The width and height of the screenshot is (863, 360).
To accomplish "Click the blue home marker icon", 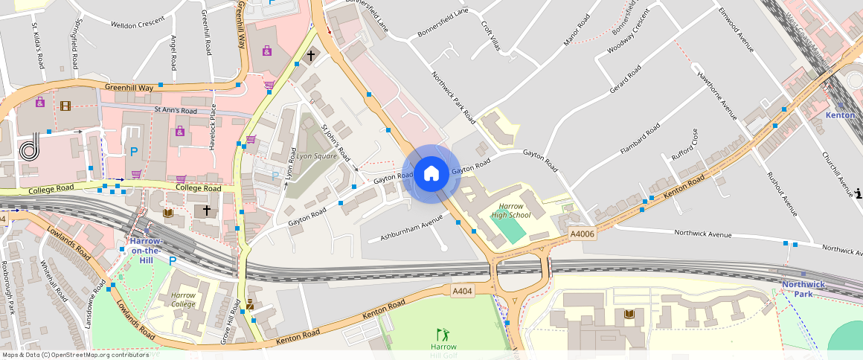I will coord(431,174).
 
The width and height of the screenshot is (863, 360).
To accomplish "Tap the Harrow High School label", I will coord(510,210).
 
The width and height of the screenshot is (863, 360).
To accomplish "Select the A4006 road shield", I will coord(583,234).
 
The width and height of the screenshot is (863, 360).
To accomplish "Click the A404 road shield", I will coord(462,291).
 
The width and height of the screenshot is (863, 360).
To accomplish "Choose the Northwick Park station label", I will coord(803,289).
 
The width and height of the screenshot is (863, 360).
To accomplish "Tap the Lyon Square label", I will coord(316,157).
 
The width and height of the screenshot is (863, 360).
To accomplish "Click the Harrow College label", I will coord(183,300).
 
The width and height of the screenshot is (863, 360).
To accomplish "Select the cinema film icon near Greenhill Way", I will coord(65,106).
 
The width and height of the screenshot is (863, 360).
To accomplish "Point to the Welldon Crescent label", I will coord(137,25).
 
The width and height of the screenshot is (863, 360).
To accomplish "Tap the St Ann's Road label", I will coord(176,111).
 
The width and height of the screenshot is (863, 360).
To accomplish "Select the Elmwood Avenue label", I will coord(737,30).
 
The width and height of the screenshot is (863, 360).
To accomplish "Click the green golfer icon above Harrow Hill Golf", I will coord(443,335).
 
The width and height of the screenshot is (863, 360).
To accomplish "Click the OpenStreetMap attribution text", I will coord(74,355).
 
